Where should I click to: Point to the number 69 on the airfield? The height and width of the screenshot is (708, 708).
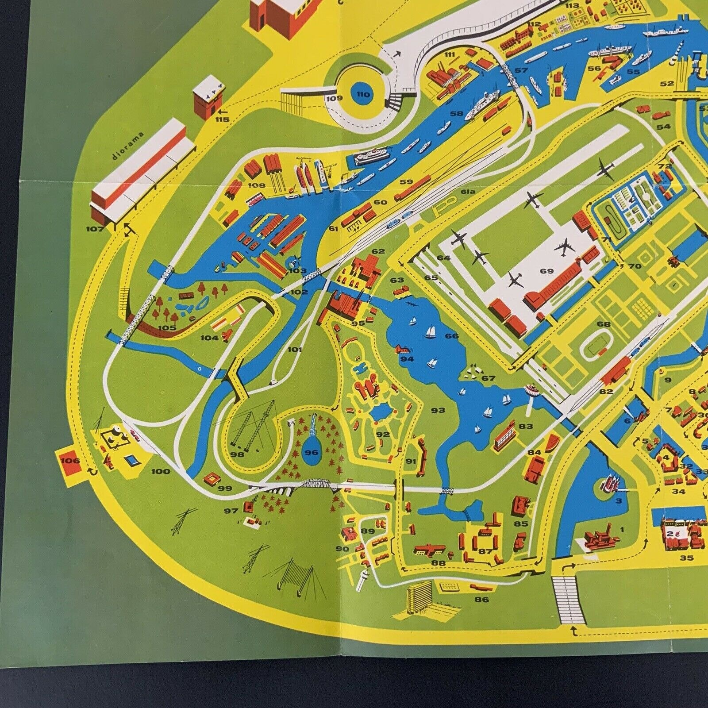tap(547, 271)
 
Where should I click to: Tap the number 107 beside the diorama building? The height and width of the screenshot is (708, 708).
tap(95, 229)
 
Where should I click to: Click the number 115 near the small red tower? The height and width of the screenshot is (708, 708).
tap(223, 120)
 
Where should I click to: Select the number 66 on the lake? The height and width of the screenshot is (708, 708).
tap(452, 336)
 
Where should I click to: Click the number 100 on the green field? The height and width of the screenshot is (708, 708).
tap(160, 471)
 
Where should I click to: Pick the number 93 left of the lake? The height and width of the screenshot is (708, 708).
tap(438, 410)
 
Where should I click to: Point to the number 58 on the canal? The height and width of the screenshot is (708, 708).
tap(456, 114)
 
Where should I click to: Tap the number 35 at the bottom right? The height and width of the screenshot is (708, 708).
tap(686, 558)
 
